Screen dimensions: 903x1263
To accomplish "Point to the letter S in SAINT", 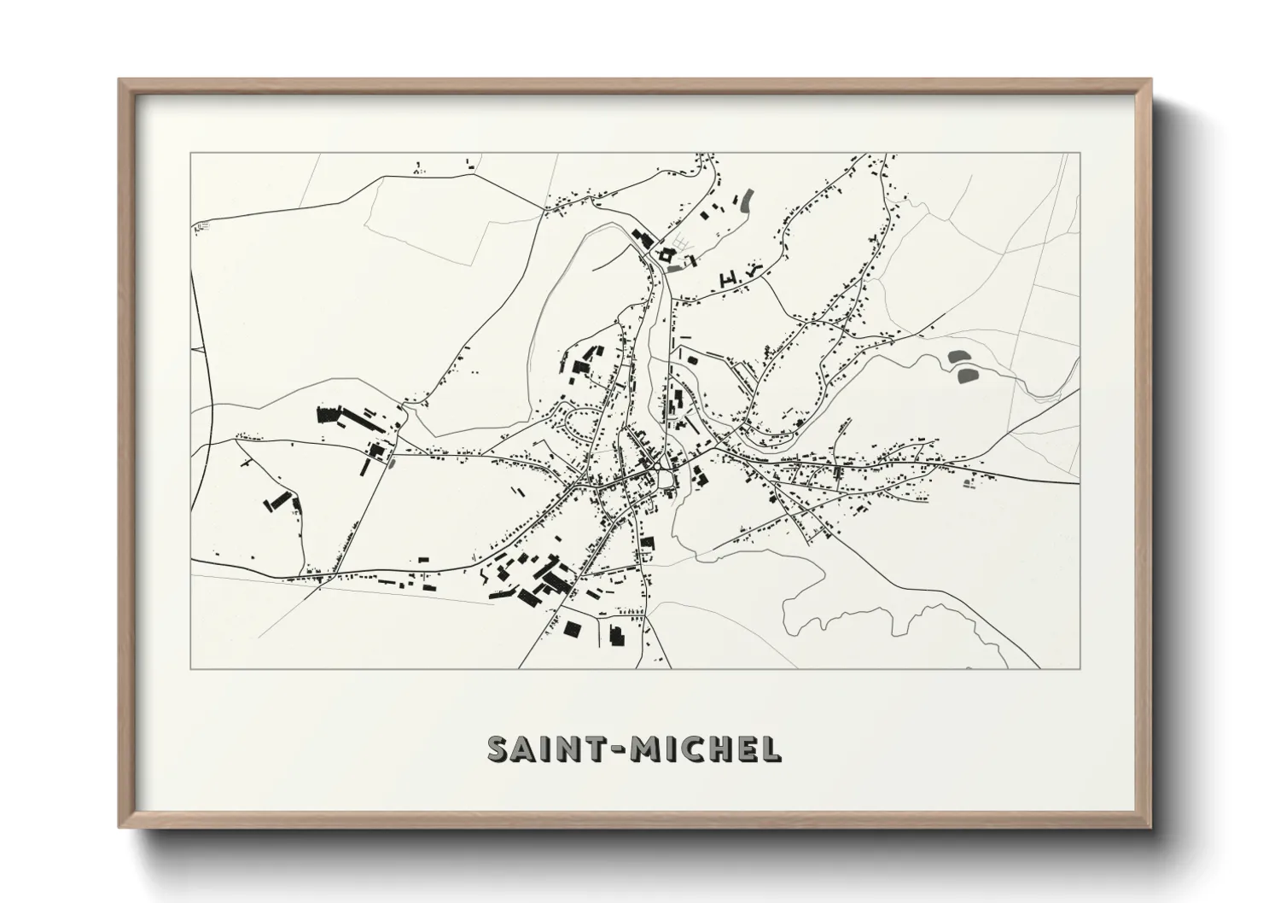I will [497, 749].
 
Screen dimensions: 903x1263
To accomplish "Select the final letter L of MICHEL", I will [770, 749].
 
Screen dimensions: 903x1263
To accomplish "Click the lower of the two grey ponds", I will [967, 375].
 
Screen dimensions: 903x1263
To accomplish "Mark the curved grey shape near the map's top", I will [748, 201].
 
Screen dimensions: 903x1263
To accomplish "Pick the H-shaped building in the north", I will [729, 277].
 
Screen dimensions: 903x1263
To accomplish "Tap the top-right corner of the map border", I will [1080, 153].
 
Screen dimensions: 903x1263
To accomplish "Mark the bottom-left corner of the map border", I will [191, 668].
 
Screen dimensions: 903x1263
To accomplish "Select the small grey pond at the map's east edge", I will [969, 484].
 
